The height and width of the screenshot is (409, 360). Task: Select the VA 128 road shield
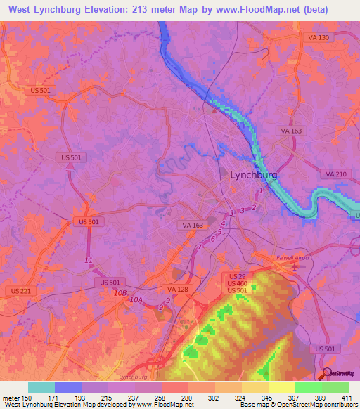pos(177,289)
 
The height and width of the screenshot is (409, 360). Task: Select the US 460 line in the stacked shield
pos(236,283)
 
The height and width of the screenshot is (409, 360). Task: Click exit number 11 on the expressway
pos(88,261)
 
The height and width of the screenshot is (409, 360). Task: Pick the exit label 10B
pos(121,292)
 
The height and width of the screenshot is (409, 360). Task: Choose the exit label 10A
pos(136,299)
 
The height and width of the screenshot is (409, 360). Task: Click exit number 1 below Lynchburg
pos(262,190)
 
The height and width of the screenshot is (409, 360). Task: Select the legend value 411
pos(347,397)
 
